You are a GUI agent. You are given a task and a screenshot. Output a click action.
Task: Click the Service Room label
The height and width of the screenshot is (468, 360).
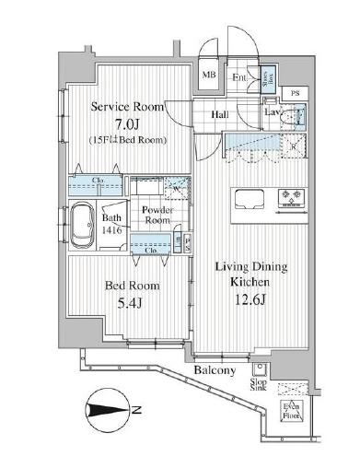[127, 107]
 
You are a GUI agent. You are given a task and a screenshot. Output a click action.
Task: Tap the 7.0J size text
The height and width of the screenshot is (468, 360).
[127, 123]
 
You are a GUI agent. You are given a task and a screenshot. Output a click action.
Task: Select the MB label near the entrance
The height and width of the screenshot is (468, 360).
[210, 76]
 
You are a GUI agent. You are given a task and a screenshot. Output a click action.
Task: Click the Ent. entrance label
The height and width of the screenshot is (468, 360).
[239, 76]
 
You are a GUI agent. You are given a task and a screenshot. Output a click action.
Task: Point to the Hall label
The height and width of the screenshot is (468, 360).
[221, 115]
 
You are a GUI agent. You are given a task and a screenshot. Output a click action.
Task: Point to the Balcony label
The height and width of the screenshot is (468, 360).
[215, 370]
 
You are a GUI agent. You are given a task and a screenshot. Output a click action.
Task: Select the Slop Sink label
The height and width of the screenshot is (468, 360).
[259, 385]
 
